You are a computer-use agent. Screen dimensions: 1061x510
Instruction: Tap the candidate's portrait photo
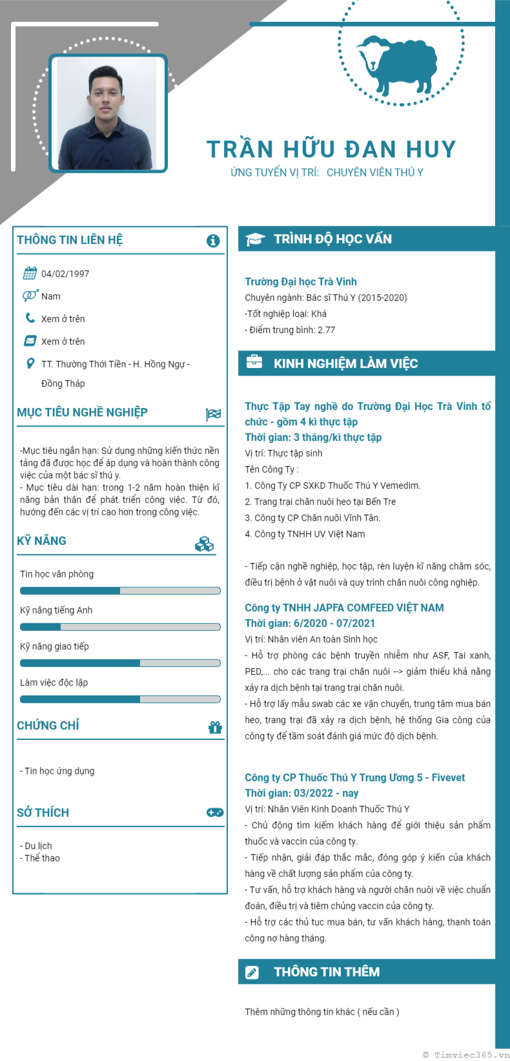point(107,114)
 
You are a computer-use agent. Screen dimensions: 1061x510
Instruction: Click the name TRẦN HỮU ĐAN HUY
point(331,149)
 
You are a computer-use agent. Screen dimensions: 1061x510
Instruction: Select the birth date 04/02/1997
point(65,274)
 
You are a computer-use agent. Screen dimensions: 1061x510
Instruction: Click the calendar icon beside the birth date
point(30,273)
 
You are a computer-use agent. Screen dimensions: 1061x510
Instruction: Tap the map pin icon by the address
point(30,364)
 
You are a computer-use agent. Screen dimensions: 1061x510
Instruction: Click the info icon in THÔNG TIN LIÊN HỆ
point(213,241)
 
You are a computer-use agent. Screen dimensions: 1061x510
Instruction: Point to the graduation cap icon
point(254,240)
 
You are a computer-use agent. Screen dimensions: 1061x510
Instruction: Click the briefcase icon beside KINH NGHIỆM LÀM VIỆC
point(254,362)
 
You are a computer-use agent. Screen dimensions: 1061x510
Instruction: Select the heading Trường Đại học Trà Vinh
point(301,282)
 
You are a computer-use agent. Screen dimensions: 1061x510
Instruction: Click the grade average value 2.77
point(326,330)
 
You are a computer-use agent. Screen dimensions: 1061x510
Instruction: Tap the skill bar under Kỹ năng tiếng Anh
point(120,627)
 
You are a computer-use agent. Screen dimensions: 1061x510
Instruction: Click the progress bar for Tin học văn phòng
point(120,591)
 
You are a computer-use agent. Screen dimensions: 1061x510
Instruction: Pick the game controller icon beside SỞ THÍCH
point(215,812)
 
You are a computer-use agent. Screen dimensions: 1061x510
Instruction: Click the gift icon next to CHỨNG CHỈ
point(215,727)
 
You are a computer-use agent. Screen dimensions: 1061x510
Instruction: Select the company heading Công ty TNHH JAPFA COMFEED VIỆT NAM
point(344,608)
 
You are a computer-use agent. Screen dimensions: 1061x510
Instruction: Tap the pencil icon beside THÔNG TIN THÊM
point(252,973)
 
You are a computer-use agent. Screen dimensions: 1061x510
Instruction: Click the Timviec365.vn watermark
point(466,1055)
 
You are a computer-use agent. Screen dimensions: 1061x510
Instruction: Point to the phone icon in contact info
point(30,318)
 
